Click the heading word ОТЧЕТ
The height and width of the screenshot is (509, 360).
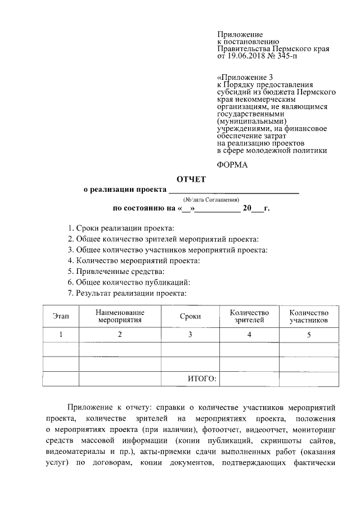pyautogui.click(x=192, y=179)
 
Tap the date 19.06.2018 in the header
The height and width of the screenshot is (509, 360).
pyautogui.click(x=245, y=56)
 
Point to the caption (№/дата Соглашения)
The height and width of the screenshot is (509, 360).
pyautogui.click(x=211, y=200)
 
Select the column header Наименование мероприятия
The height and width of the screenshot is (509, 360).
pyautogui.click(x=120, y=317)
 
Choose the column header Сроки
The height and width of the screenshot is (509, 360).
pyautogui.click(x=190, y=317)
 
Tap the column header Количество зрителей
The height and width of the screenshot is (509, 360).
pyautogui.click(x=249, y=317)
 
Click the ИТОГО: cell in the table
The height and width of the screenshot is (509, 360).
pyautogui.click(x=201, y=379)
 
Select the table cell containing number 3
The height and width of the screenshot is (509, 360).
pyautogui.click(x=190, y=335)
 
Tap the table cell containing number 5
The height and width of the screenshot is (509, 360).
pyautogui.click(x=308, y=335)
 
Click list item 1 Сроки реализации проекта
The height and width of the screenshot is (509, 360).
pyautogui.click(x=120, y=228)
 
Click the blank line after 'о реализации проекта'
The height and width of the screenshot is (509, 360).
pyautogui.click(x=235, y=191)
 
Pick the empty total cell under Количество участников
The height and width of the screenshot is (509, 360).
pyautogui.click(x=308, y=379)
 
